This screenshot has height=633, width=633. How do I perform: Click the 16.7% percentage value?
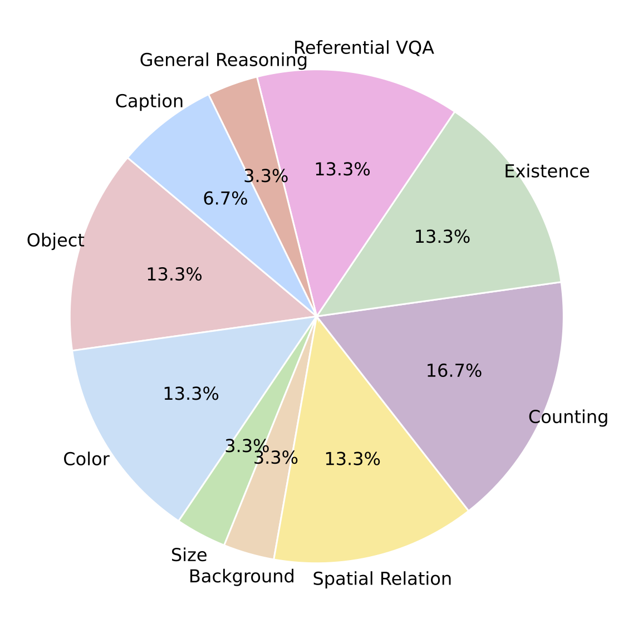454,371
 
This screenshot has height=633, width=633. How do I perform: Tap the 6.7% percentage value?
225,198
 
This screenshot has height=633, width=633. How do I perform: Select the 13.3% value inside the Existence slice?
442,237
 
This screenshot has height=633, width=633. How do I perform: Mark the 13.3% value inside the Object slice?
174,274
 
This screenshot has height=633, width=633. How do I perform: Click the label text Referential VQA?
364,48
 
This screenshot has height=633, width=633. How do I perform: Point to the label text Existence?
547,171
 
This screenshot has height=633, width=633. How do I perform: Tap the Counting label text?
568,417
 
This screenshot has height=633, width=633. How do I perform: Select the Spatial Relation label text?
382,579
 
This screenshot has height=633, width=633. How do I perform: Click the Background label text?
241,576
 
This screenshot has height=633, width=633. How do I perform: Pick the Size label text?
189,555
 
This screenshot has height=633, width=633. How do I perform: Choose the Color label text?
86,459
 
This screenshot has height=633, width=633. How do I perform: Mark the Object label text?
56,241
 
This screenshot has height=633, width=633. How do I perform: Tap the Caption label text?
149,101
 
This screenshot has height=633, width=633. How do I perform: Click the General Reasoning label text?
223,60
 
